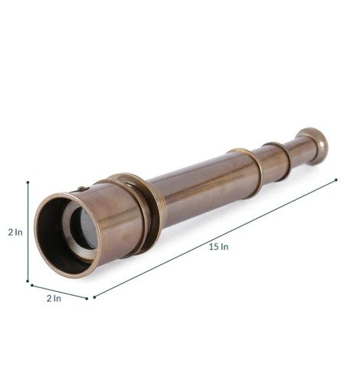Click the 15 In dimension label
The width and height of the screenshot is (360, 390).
(218, 247)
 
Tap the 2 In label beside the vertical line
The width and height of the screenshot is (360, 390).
(15, 232)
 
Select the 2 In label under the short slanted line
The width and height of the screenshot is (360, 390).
(54, 298)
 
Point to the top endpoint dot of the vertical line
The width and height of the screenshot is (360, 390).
(28, 182)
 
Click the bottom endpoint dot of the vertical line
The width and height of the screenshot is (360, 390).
(28, 281)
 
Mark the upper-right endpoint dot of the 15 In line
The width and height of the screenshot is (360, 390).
(336, 180)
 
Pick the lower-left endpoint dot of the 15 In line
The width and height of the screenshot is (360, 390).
(94, 297)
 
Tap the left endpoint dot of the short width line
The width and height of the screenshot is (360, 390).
(32, 285)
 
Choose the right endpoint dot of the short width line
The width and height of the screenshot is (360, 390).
(87, 298)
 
